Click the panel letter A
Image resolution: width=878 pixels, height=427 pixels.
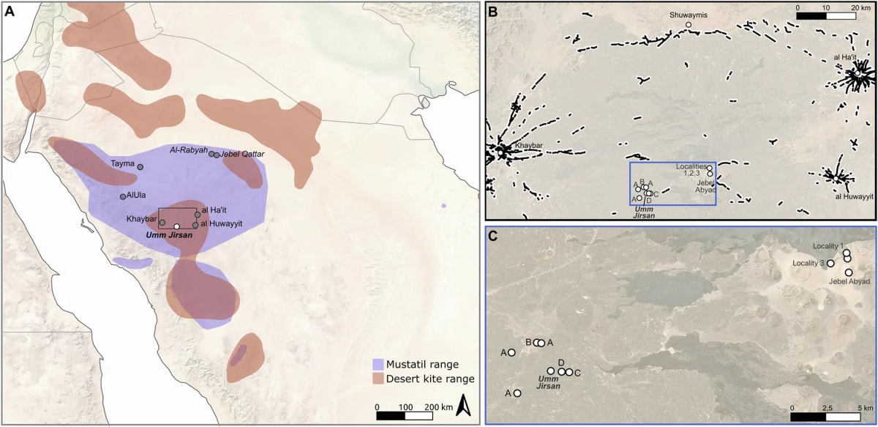pos(10,10)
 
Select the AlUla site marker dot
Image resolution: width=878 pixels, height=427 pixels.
pos(122,196)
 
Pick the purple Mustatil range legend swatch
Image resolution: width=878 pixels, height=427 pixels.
pos(378,363)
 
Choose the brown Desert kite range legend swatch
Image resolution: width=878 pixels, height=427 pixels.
pos(378,379)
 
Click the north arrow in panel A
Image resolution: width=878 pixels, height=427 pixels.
pos(463,404)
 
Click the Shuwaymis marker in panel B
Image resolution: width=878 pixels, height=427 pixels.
pos(688,25)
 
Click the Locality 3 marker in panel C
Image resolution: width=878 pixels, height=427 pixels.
pos(830,263)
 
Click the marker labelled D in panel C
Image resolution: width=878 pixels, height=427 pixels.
pos(561,371)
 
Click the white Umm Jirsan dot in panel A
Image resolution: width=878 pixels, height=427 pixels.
pos(176,226)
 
